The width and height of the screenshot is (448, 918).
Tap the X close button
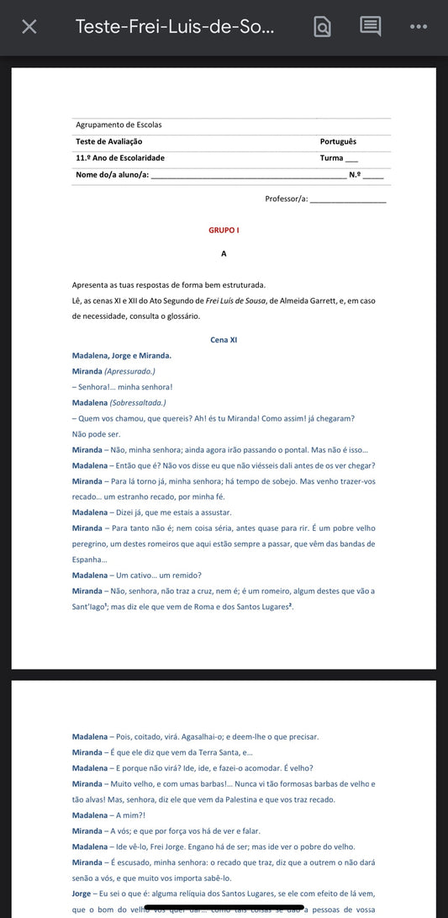tap(29, 27)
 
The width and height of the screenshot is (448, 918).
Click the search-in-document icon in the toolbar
tap(322, 27)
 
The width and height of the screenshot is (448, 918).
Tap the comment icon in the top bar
tap(370, 26)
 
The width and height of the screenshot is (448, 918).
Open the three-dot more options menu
tap(419, 27)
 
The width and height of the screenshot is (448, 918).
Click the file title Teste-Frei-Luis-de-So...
tap(175, 26)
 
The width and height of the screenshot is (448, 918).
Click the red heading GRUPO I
tap(224, 230)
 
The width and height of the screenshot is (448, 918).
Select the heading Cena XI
tap(224, 340)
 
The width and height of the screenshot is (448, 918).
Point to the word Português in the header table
tap(338, 141)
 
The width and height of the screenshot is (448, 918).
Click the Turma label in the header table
tap(331, 158)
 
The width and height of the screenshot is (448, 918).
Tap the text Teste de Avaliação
tap(108, 141)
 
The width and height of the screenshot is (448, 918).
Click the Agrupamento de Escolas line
tap(119, 125)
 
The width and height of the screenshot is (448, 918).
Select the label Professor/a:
tap(286, 199)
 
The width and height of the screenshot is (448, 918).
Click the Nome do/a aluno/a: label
tap(112, 174)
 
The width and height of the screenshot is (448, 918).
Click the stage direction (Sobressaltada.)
tap(138, 402)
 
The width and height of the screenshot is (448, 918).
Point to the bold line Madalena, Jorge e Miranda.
tap(122, 355)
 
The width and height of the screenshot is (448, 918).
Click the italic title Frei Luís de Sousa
tap(236, 300)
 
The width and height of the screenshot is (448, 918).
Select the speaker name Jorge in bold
tap(82, 893)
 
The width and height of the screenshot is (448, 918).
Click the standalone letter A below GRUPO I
tap(224, 253)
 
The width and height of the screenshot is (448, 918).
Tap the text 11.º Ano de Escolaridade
tap(120, 158)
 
